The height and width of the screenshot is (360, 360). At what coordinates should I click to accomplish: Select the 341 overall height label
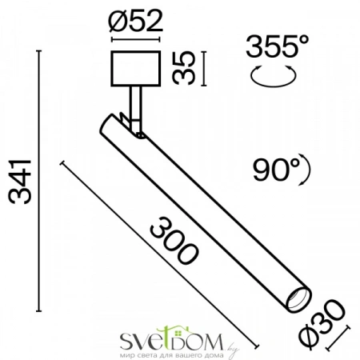(x=18, y=181)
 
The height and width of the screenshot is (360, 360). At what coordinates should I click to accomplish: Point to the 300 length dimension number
(x=174, y=242)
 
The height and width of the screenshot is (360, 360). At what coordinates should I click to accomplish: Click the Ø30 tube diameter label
(x=326, y=319)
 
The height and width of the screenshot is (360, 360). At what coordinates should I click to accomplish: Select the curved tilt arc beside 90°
(x=306, y=168)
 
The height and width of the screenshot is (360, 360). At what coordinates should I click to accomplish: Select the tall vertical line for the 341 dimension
(x=42, y=181)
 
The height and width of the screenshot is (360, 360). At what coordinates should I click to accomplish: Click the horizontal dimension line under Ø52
(x=134, y=39)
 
